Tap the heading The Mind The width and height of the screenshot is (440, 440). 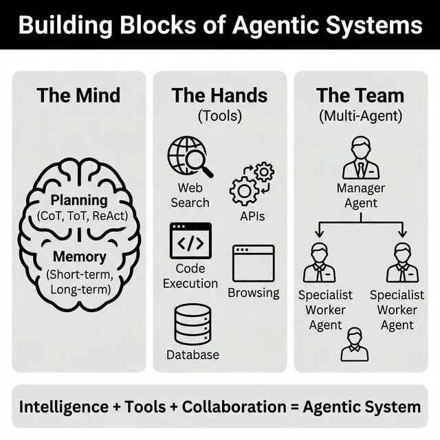tap(78, 96)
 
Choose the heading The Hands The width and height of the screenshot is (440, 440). tap(219, 96)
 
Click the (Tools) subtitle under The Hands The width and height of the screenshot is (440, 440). tap(219, 115)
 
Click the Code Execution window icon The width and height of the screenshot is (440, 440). tap(190, 240)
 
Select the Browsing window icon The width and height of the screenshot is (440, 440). tap(253, 263)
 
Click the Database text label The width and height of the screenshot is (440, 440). tap(192, 355)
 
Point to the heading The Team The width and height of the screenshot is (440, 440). tap(360, 96)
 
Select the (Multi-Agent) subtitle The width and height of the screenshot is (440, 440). tap(360, 115)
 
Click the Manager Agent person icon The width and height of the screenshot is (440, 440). tap(360, 157)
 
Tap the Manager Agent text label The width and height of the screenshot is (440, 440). tap(360, 195)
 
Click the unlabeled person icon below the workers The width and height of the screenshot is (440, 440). tap(354, 344)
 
